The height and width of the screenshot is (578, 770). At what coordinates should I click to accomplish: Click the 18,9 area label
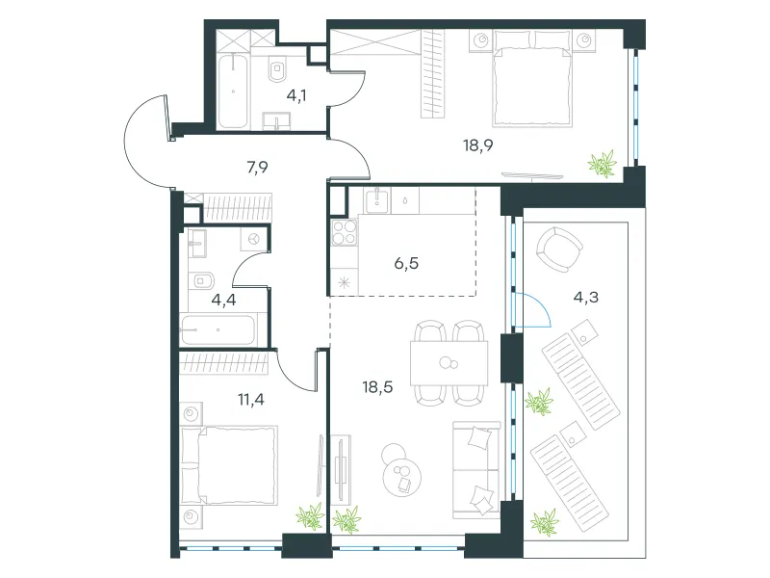477,145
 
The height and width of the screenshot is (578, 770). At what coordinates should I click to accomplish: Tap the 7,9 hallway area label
257,168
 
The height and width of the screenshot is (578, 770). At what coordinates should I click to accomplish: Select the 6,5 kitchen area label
406,263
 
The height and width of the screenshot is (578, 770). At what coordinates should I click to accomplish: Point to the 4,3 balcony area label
586,298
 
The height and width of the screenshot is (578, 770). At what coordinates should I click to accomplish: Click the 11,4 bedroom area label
251,400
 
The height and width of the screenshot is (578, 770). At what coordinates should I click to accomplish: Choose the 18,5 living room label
377,387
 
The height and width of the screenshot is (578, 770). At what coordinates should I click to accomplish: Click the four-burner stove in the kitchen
345,232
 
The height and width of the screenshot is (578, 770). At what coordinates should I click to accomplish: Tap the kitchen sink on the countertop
376,200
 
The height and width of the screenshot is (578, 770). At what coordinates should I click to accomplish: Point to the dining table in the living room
449,363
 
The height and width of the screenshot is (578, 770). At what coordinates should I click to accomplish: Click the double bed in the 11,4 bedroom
229,465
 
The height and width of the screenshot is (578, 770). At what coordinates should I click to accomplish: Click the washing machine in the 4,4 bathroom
253,239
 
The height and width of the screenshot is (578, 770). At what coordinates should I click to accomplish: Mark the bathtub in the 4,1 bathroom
233,91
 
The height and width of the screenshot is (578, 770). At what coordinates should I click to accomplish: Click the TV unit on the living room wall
340,469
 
